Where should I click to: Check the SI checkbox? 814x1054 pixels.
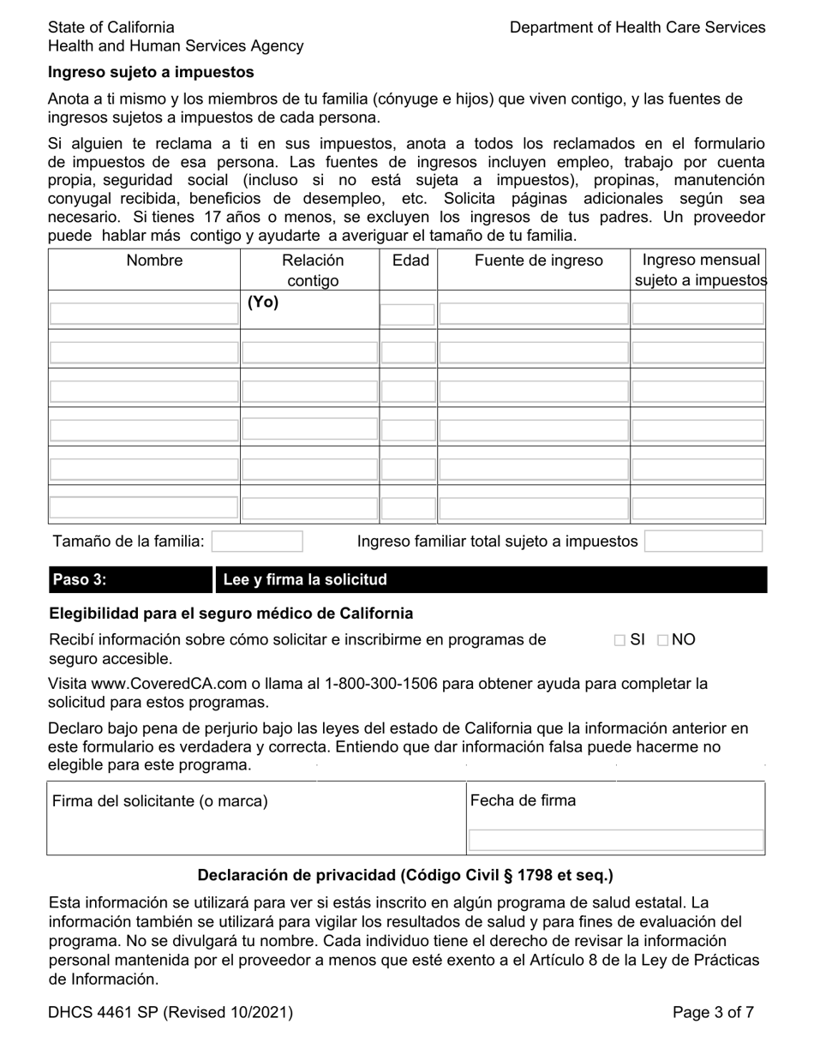coord(619,640)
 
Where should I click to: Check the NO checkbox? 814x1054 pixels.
coord(663,640)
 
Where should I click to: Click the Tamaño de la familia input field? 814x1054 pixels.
coord(257,542)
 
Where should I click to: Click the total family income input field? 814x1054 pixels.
coord(703,542)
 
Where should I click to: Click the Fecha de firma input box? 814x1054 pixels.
coord(615,840)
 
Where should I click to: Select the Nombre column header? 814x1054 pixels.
coord(154,261)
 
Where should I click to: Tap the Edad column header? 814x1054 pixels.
coord(410,261)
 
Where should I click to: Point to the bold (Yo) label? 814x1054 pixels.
coord(263,302)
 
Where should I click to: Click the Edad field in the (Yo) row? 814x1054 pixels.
coord(408,314)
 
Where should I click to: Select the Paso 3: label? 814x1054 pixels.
coord(80,580)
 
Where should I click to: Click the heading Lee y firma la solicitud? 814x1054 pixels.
coord(305,580)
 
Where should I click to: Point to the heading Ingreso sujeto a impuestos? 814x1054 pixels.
coord(151,72)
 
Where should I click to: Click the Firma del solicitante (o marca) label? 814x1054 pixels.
coord(160,801)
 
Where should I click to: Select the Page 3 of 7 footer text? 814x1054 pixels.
coord(713,1013)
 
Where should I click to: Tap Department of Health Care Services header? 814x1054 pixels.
coord(637,27)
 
